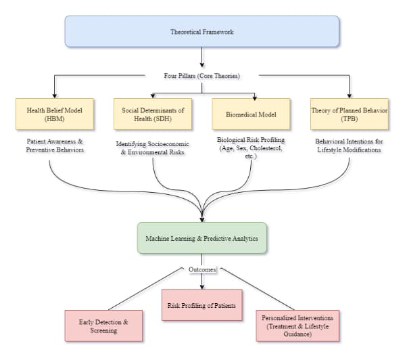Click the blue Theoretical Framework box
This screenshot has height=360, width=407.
[202, 32]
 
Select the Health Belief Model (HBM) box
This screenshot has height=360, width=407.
[55, 114]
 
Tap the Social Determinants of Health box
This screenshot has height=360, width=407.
[153, 114]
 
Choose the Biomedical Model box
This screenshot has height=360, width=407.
[251, 114]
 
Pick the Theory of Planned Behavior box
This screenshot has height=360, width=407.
[350, 114]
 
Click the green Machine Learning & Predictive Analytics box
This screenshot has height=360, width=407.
[202, 239]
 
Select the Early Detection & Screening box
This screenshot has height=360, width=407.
[103, 325]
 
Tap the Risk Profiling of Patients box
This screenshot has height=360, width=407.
[201, 305]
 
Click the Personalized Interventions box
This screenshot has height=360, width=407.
[297, 325]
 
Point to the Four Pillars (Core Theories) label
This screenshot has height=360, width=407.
[202, 76]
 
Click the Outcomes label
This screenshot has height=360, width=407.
[202, 269]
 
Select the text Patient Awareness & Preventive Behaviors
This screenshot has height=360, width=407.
[55, 145]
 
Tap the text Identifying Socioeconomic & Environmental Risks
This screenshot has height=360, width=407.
[153, 149]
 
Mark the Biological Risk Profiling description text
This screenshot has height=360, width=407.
[250, 148]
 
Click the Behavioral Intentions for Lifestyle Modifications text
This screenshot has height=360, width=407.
[350, 145]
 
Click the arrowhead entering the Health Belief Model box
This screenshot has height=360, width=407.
[55, 95]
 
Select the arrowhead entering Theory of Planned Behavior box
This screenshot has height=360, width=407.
[350, 95]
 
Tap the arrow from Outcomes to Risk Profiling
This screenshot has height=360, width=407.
[202, 280]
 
